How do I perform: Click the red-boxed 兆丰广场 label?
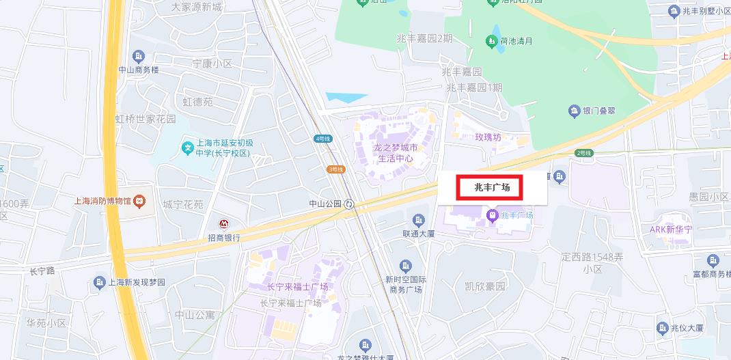(490, 187)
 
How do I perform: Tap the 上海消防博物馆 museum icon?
(139, 201)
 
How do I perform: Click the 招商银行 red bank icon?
(223, 223)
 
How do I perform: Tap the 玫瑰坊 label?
(488, 137)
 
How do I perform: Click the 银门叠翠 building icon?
(574, 111)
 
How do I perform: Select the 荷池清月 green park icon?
(491, 42)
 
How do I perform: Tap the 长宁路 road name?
(42, 271)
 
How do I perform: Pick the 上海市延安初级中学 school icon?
(187, 147)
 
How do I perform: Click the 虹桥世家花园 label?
(145, 119)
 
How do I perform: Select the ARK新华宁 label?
(671, 229)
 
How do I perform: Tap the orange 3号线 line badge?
(335, 169)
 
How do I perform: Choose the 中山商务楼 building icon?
(139, 56)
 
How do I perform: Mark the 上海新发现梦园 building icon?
(98, 281)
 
